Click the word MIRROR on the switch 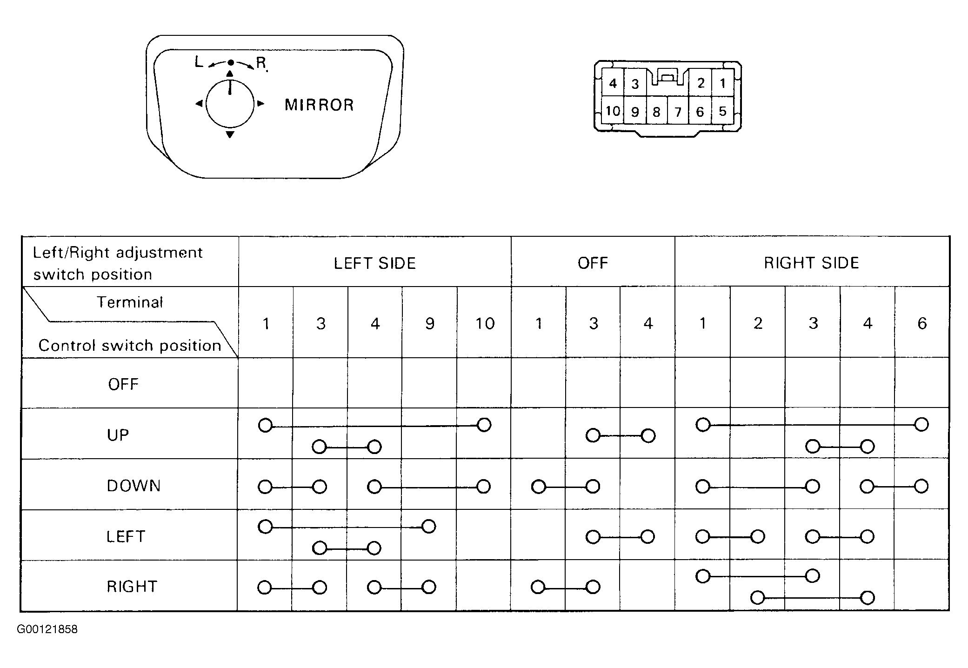click(319, 105)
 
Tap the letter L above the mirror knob click(199, 62)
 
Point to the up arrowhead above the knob click(229, 73)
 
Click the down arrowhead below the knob click(230, 134)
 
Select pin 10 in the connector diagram click(613, 111)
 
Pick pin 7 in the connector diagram click(678, 112)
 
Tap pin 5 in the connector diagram click(722, 111)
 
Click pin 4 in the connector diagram click(613, 83)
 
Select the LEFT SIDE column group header click(375, 263)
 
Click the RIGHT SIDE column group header click(811, 263)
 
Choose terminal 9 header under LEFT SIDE click(430, 323)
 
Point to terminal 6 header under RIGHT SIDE click(922, 323)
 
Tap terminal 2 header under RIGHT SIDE click(758, 323)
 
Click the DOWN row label click(134, 486)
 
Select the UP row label click(118, 435)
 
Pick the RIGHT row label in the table click(132, 586)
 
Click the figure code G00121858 click(47, 629)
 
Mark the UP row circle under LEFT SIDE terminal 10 click(484, 425)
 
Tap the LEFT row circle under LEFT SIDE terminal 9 click(429, 527)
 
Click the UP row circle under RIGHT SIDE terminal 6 click(921, 424)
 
